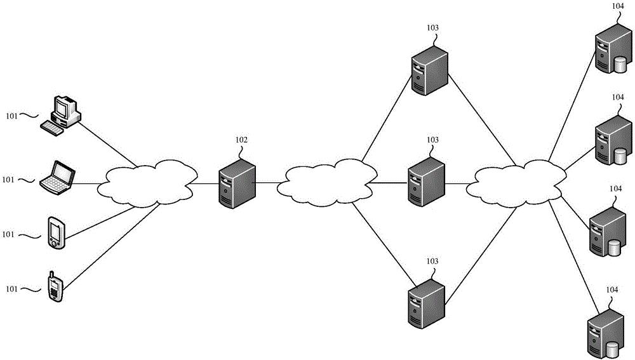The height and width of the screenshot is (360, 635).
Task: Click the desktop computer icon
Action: pyautogui.click(x=63, y=113)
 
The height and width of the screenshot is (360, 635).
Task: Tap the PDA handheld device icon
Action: pyautogui.click(x=55, y=232)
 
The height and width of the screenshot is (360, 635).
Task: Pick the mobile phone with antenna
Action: pyautogui.click(x=55, y=287)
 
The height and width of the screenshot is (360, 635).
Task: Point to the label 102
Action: pyautogui.click(x=241, y=140)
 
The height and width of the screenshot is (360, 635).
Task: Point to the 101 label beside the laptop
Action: pyautogui.click(x=8, y=180)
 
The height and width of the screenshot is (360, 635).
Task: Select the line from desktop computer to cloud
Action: pyautogui.click(x=108, y=143)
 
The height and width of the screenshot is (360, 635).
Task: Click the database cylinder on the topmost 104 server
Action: pyautogui.click(x=620, y=63)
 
